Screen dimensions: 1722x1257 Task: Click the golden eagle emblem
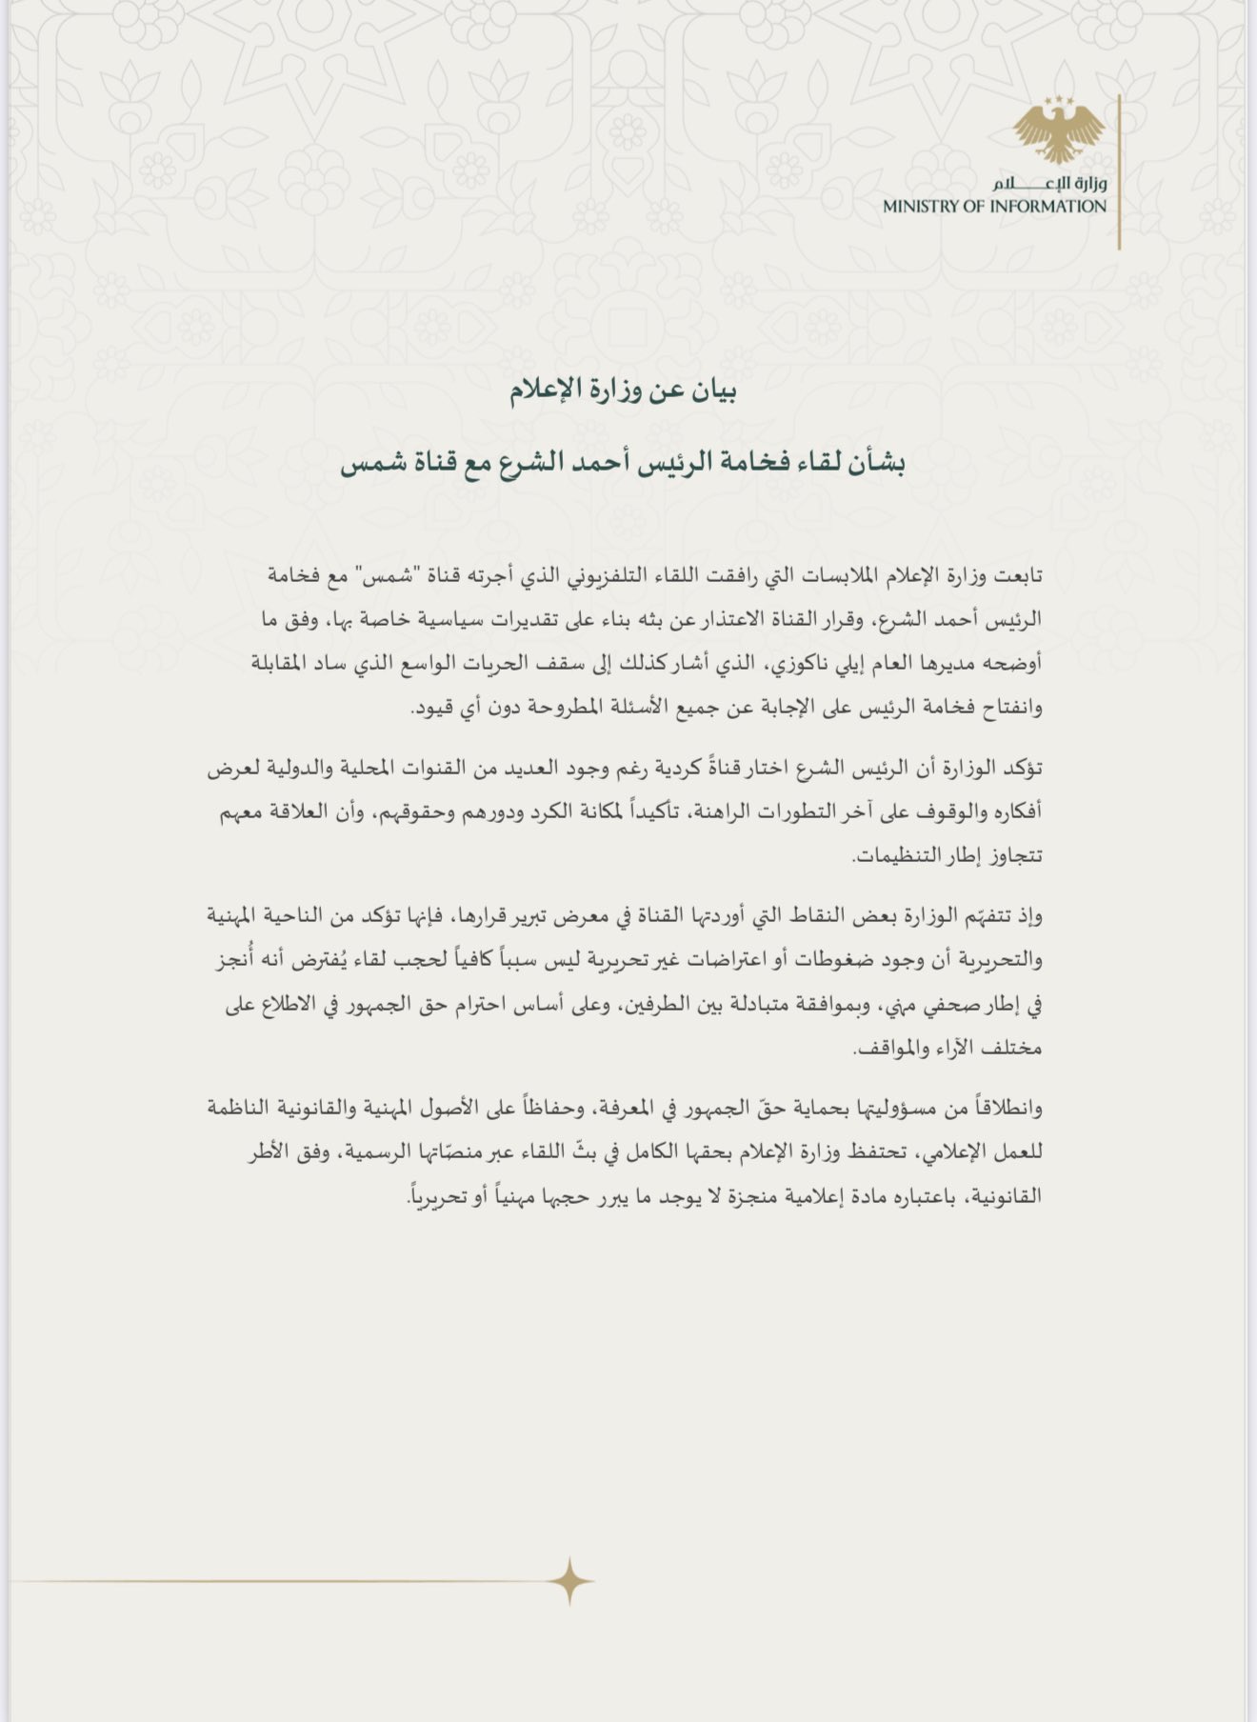tap(1058, 130)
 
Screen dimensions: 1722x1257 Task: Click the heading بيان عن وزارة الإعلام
tap(624, 391)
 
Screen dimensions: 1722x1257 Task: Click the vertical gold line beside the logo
tap(1120, 171)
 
